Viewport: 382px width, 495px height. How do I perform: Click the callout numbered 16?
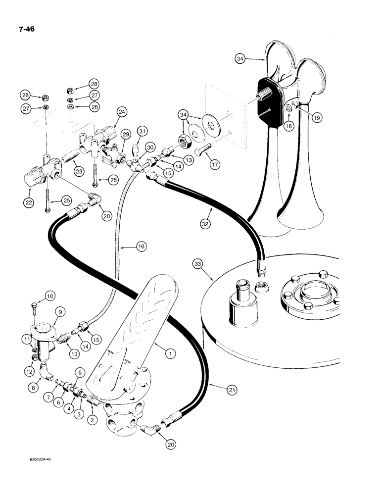(x=141, y=245)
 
